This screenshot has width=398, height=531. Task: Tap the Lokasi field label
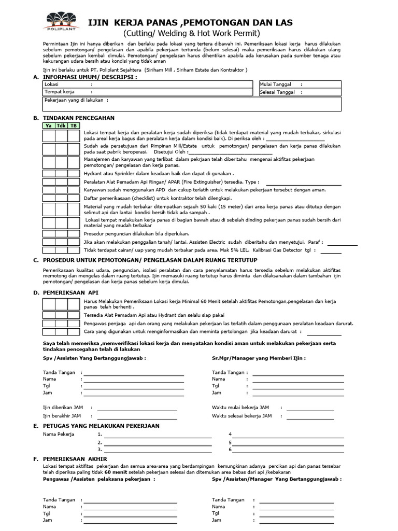click(x=52, y=84)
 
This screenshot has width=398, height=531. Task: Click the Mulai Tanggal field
click(x=300, y=84)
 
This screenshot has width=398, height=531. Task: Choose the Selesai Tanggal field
click(x=300, y=92)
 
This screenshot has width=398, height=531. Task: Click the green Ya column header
click(x=48, y=125)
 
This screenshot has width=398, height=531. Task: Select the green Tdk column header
click(x=61, y=125)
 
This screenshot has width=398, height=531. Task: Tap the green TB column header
click(x=74, y=125)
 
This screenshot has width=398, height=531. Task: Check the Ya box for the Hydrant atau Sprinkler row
click(x=48, y=174)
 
